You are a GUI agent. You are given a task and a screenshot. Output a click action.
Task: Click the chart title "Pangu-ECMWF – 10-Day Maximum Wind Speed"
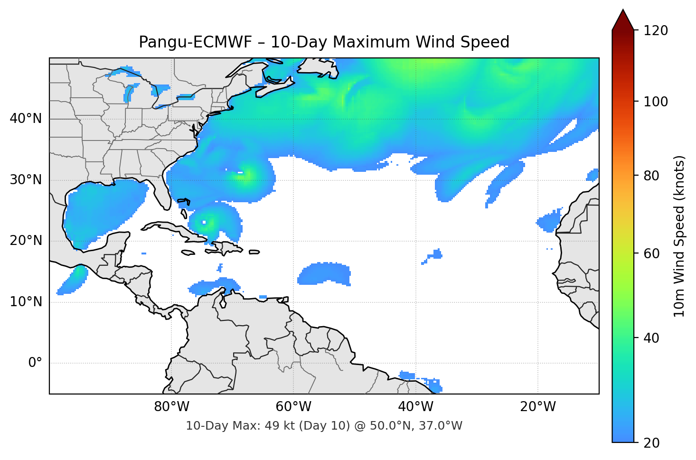point(324,42)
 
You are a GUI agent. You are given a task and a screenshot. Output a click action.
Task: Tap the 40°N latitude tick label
point(26,119)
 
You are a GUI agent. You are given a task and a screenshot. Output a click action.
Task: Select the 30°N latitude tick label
point(26,180)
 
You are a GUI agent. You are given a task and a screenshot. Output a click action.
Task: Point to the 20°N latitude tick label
point(26,241)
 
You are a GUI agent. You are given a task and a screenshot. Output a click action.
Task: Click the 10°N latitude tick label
point(26,302)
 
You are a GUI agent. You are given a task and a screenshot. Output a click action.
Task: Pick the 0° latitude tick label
point(35,363)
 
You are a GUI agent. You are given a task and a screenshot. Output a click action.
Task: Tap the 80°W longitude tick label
point(171,407)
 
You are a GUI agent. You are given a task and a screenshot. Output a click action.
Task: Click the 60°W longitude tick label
point(293,407)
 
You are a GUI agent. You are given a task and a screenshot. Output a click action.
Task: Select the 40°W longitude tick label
point(415,407)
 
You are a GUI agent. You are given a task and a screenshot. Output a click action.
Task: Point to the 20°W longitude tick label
point(537,407)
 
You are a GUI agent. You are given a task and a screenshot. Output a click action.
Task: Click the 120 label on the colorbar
point(656,31)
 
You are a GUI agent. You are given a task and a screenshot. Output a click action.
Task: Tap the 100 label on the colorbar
point(656,102)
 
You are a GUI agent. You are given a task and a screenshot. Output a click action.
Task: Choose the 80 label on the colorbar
point(652,176)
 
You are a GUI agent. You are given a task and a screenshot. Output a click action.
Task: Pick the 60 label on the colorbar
point(652,253)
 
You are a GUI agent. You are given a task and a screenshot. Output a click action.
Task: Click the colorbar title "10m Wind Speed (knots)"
point(679,236)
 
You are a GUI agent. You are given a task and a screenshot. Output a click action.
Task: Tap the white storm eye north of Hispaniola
point(205,222)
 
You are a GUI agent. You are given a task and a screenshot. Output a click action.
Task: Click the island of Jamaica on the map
point(188,253)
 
